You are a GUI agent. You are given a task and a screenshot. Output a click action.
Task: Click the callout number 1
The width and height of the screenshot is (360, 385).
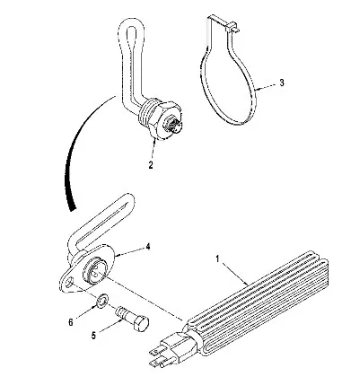point(218,258)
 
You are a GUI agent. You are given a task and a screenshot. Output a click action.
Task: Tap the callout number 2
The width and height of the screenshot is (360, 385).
point(151,164)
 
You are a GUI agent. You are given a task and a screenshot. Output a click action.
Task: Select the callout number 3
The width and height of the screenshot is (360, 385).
point(282,83)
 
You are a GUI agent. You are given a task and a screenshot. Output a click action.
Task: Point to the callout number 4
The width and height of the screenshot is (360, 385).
point(148,246)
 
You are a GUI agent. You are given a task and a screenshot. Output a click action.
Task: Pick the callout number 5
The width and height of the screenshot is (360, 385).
point(93,336)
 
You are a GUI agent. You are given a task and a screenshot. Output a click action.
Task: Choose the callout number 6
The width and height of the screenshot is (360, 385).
point(71,322)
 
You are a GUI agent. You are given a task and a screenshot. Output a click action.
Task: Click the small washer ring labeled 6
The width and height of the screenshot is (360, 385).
point(102,302)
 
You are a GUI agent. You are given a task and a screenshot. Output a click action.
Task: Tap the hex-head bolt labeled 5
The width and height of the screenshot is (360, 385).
point(132,319)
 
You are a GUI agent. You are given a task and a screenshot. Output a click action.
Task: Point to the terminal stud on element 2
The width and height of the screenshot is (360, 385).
point(173,126)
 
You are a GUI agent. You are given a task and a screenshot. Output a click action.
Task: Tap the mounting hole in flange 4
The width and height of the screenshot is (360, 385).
point(71,282)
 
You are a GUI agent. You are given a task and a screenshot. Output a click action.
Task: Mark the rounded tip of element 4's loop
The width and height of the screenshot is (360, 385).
point(128,199)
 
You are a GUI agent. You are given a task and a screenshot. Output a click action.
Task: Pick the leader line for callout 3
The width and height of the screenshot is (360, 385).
point(265,86)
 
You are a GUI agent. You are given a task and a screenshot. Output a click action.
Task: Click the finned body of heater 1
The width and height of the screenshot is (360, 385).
point(258,302)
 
